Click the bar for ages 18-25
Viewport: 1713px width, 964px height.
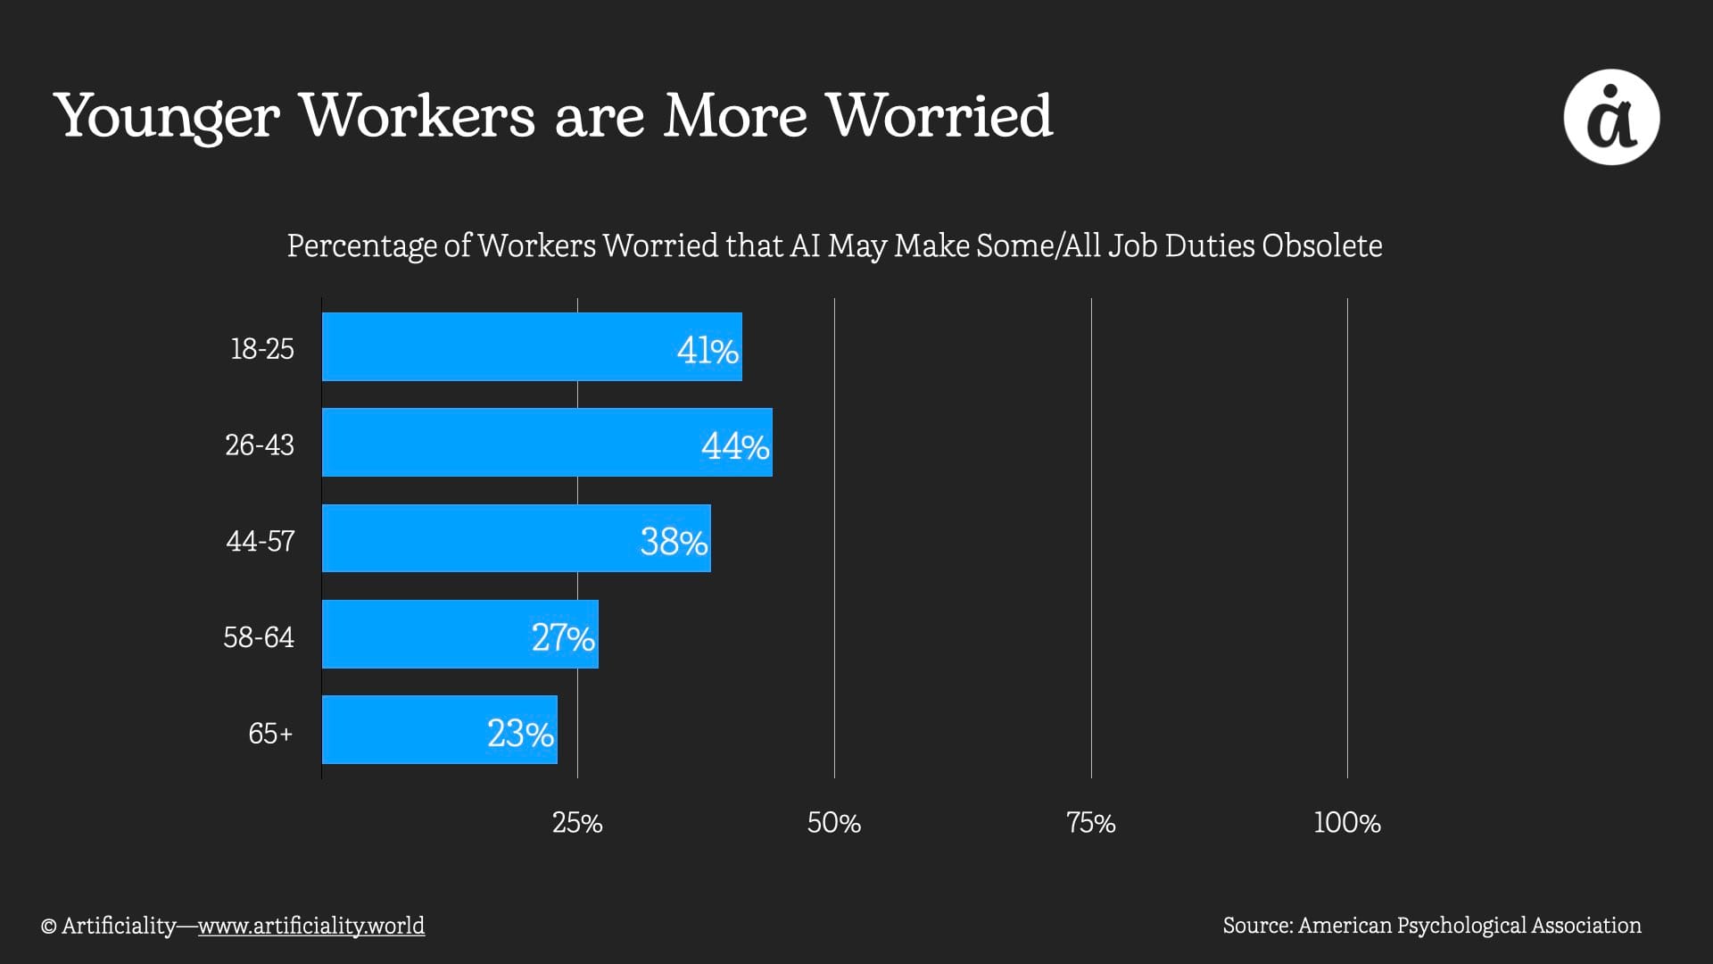coord(532,347)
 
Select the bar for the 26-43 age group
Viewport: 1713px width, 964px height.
coord(547,443)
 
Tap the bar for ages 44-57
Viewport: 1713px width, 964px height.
coord(516,538)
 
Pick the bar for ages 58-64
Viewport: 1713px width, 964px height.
coord(459,635)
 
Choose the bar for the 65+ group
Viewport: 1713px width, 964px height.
coord(439,730)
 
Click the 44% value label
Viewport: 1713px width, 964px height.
coord(735,445)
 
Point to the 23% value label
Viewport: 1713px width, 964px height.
coord(520,734)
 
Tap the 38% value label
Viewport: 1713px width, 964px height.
coord(674,541)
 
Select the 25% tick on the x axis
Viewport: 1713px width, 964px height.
coord(577,822)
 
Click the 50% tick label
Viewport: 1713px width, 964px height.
coord(834,822)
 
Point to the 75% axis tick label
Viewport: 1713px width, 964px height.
coord(1091,822)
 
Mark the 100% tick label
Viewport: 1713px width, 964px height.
coord(1347,822)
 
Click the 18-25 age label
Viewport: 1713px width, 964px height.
coord(262,348)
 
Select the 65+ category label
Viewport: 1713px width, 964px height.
coord(270,734)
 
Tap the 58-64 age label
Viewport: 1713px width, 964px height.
coord(259,637)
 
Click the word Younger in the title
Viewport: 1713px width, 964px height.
coord(167,117)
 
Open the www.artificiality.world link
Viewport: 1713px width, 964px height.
coord(311,926)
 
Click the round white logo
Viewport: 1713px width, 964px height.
coord(1611,117)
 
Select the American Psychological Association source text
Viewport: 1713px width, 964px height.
coord(1469,926)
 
